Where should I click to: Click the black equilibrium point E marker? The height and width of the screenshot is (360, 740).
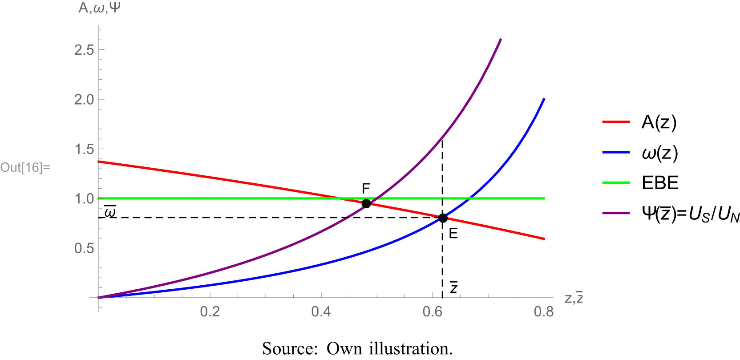coord(443,218)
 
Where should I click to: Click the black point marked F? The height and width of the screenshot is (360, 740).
coord(366,204)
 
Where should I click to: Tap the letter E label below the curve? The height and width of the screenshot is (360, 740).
coord(453,233)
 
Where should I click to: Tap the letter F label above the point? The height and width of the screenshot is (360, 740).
coord(366,189)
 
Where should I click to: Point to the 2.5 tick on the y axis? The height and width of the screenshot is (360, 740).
coord(84,50)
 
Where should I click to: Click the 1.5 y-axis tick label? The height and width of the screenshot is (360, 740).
coord(84,149)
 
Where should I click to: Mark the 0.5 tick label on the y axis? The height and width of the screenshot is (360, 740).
coord(84,248)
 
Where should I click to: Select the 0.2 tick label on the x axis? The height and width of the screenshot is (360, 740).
coord(210,311)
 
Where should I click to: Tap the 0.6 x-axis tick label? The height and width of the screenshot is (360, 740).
coord(432,311)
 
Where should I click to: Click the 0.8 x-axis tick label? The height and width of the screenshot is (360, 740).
coord(543,311)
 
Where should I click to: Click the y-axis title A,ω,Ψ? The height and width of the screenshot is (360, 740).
coord(99,8)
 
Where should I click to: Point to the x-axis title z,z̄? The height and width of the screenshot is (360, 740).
coord(574,297)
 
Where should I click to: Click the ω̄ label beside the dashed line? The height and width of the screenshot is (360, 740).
coord(109,212)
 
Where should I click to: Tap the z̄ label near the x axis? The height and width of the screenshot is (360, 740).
coord(453,287)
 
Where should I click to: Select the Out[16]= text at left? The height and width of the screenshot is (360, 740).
coord(25,168)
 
